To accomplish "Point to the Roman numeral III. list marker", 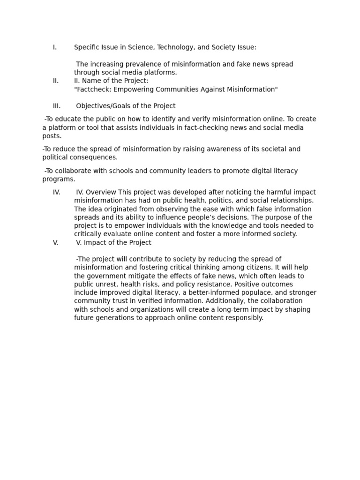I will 57,106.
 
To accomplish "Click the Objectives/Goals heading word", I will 101,106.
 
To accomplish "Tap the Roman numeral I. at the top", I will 55,47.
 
